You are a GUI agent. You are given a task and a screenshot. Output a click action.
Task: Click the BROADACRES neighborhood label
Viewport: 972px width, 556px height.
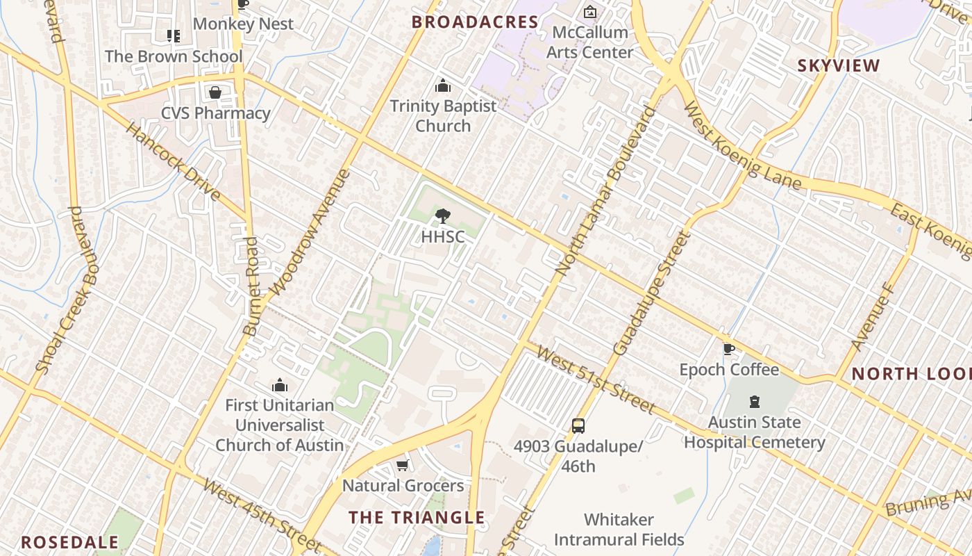tap(475, 22)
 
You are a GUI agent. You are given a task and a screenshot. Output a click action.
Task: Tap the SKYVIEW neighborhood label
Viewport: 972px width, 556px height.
tap(838, 66)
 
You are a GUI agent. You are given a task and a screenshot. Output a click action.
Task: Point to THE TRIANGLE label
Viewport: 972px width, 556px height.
tap(417, 517)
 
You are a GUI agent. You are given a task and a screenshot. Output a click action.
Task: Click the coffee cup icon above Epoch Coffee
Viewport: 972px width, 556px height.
tap(728, 349)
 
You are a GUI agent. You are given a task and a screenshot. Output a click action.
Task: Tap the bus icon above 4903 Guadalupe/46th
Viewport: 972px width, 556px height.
tap(578, 425)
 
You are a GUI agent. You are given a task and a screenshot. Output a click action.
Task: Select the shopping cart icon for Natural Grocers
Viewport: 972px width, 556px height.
tap(402, 465)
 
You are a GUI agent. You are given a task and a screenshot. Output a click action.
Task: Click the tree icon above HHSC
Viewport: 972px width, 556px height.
tap(442, 216)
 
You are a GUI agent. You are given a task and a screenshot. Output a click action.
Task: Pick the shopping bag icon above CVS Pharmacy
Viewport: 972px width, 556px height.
tap(215, 92)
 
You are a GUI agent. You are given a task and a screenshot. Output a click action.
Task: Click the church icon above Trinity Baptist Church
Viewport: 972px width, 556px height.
tap(442, 86)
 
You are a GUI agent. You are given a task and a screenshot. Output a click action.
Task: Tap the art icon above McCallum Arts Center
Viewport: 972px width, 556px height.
tap(589, 12)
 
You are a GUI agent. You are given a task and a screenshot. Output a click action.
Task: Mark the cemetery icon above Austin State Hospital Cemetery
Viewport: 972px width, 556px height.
tap(754, 402)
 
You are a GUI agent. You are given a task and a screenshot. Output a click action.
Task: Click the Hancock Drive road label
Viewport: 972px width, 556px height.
tap(173, 161)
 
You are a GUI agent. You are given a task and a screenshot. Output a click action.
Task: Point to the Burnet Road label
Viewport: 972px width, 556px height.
tap(251, 286)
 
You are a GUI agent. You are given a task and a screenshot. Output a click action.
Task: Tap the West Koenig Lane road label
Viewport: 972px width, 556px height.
tap(742, 147)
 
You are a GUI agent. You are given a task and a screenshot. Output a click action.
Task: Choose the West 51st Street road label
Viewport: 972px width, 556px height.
tap(596, 381)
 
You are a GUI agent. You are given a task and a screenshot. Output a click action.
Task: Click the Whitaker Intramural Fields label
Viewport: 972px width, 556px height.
tap(619, 530)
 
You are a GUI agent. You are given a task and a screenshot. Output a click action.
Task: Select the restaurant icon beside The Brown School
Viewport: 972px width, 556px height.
tap(173, 35)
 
